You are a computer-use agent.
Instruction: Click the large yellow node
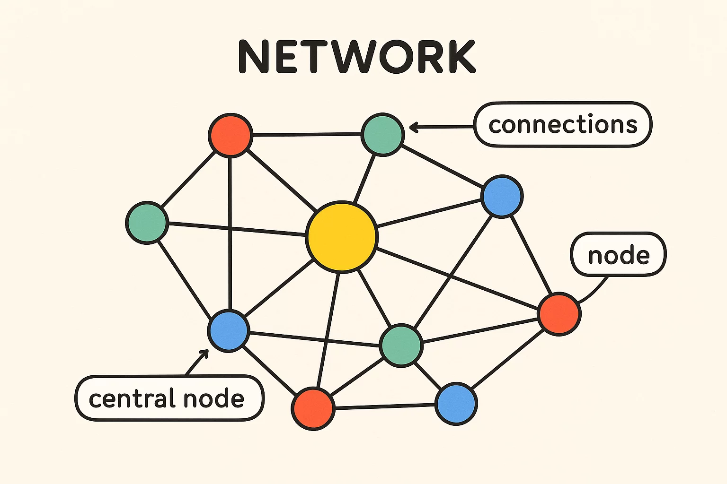(342, 237)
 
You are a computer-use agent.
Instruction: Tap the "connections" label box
(563, 125)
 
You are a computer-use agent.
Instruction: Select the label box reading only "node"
(618, 255)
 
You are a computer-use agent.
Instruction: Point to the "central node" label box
(169, 398)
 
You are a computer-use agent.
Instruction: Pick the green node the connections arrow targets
(382, 134)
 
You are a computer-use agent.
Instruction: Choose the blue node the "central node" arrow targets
(229, 330)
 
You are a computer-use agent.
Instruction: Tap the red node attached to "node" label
(559, 313)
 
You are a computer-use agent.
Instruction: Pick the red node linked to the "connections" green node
(230, 135)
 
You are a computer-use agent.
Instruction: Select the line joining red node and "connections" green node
(307, 135)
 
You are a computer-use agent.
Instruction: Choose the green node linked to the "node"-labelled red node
(401, 345)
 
